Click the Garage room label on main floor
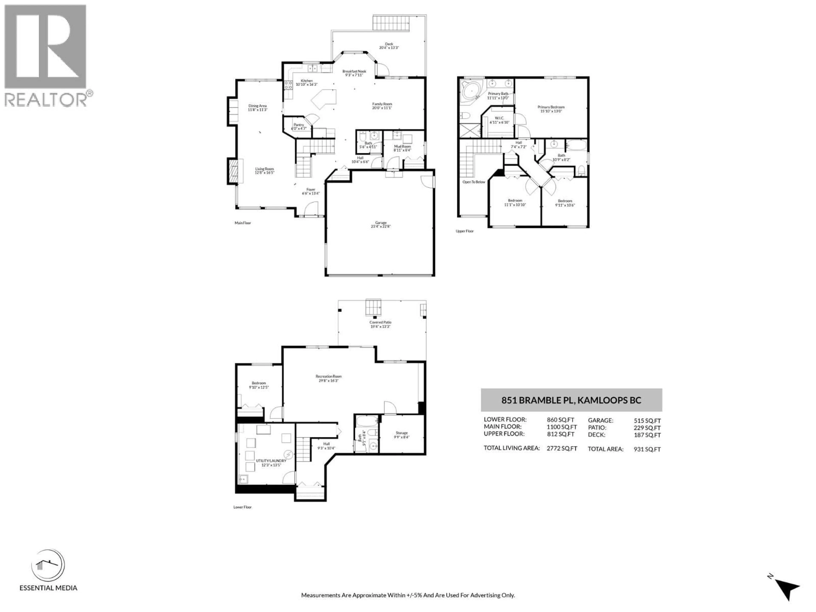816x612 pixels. (381, 223)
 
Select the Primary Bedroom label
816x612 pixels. (551, 107)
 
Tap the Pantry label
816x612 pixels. (299, 125)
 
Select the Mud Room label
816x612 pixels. (402, 146)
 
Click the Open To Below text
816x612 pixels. (474, 182)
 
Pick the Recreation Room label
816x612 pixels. (328, 376)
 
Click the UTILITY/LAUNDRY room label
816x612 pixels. (271, 461)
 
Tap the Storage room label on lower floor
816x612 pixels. (402, 433)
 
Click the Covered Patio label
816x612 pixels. (380, 322)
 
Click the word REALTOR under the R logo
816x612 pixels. (46, 100)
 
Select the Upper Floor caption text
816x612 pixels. (465, 231)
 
